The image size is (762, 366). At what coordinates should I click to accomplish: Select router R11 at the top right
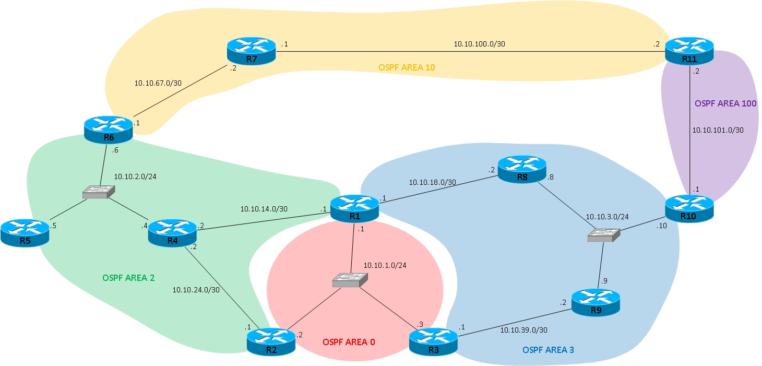(689, 51)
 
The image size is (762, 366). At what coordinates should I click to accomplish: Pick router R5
(25, 232)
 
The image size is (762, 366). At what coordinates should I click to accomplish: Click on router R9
(596, 301)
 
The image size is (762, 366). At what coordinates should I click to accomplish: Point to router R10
(689, 208)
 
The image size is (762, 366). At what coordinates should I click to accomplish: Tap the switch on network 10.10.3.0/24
(604, 235)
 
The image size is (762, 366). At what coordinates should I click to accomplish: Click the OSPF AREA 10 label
(407, 67)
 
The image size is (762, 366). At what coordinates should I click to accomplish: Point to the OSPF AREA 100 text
(725, 103)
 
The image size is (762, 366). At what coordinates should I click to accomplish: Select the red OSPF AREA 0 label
(349, 342)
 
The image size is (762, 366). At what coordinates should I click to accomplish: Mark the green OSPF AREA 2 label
(128, 277)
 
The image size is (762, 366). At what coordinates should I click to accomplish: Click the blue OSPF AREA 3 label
(548, 349)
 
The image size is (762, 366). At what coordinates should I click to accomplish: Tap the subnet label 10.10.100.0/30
(479, 44)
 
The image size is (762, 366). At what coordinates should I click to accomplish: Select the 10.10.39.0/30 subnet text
(523, 330)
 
